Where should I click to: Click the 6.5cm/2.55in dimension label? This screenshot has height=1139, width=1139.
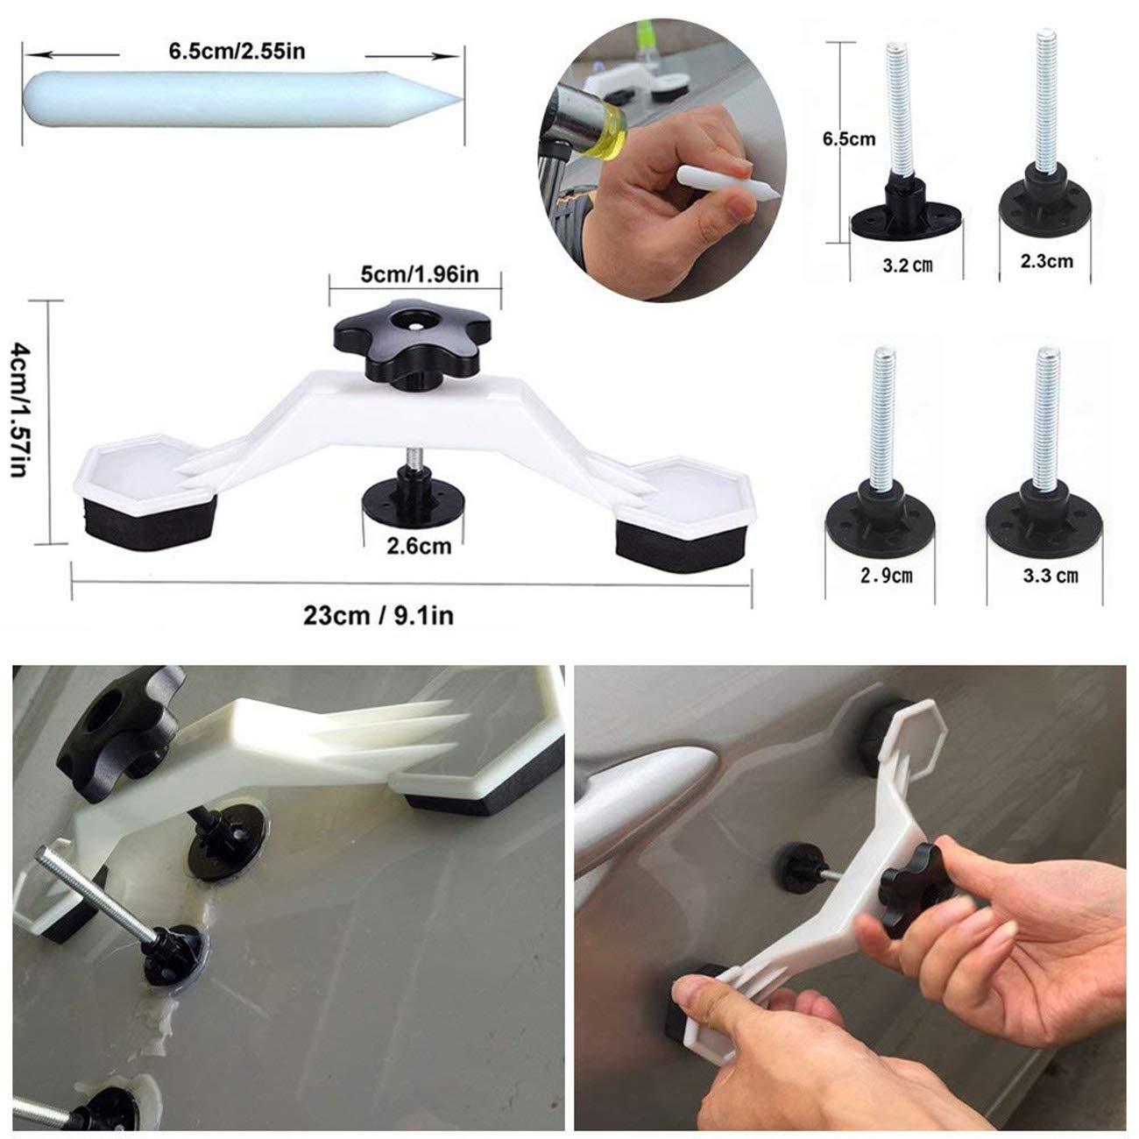coord(237,51)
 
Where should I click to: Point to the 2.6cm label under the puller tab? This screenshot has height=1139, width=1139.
coord(419,546)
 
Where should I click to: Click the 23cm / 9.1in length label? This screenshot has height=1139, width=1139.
coord(378,615)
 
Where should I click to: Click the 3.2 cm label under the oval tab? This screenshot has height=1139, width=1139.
coord(905,265)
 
